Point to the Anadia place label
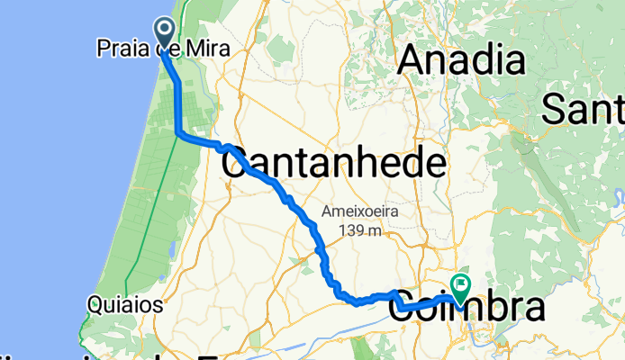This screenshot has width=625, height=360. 461,61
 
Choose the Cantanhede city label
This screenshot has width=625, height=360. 333,165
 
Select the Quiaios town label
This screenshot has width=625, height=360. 125,305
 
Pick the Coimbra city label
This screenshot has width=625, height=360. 467,309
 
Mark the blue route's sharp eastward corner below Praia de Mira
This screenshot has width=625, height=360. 178,134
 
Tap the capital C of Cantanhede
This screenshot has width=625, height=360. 236,165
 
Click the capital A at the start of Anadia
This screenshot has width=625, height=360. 412,61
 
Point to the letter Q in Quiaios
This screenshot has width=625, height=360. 95,305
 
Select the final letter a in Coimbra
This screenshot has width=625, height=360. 533,309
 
